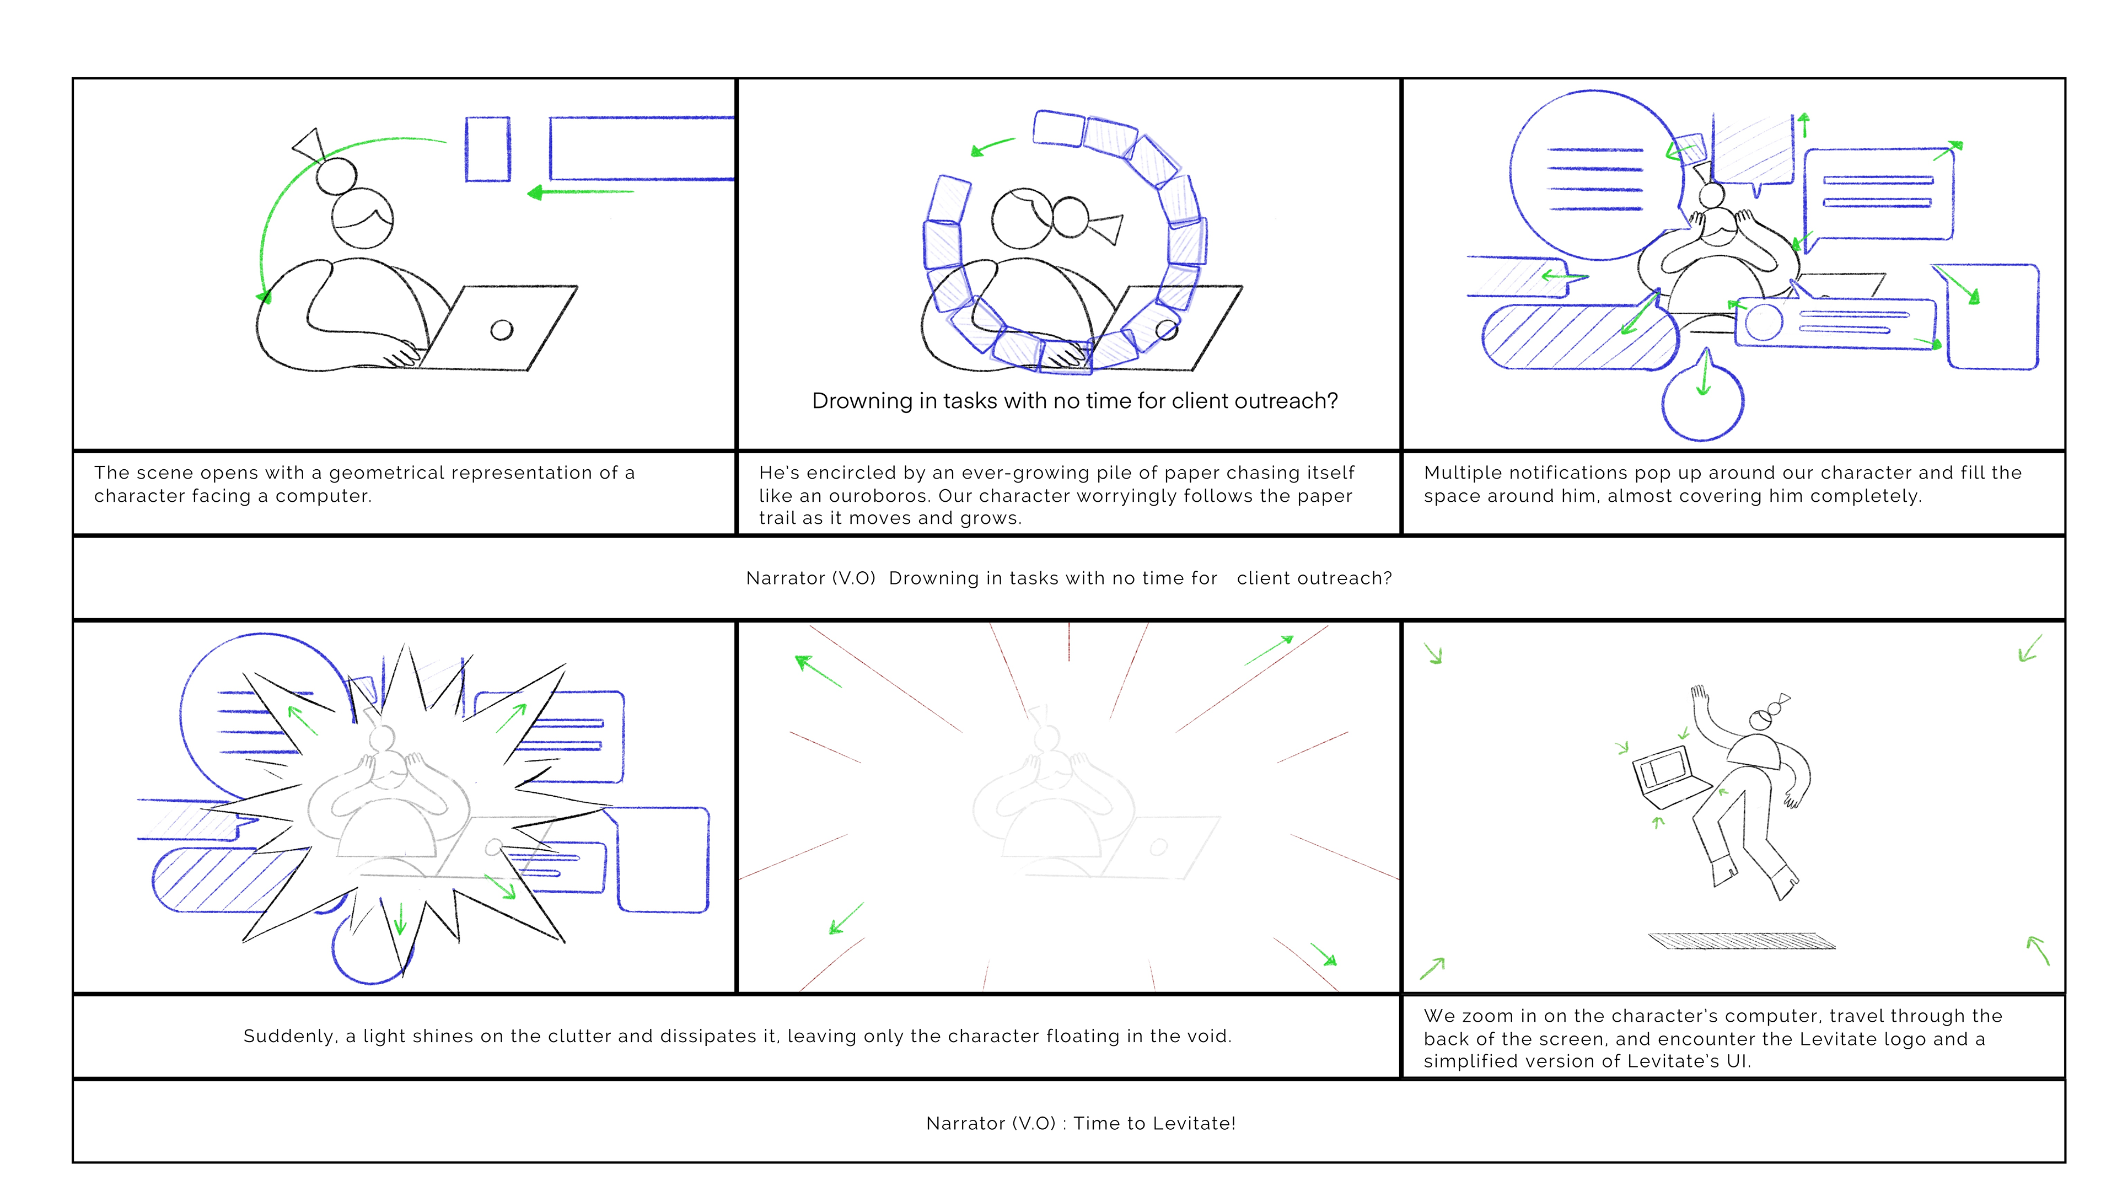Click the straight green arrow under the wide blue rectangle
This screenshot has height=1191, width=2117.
click(x=580, y=192)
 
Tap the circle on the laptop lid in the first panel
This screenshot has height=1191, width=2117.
click(x=501, y=330)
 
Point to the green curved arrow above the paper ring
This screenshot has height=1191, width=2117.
click(x=993, y=146)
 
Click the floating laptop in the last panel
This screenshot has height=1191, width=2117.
click(x=1670, y=777)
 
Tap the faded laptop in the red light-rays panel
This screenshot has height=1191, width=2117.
click(x=1159, y=846)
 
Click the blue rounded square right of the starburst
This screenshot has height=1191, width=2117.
click(x=662, y=860)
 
